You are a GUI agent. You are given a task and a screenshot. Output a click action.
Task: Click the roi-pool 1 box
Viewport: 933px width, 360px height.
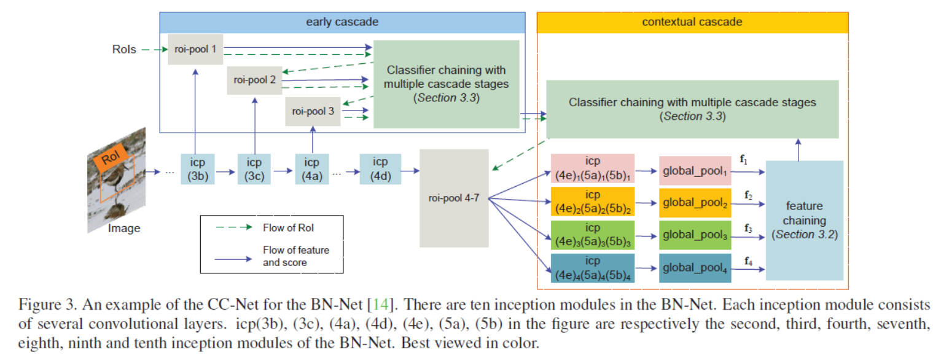(195, 50)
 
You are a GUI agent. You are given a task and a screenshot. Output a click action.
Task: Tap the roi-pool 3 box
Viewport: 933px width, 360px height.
(313, 111)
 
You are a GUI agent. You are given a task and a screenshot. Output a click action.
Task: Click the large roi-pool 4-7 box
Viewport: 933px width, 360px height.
(454, 198)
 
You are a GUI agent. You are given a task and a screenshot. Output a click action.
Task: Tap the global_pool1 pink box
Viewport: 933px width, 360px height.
(695, 172)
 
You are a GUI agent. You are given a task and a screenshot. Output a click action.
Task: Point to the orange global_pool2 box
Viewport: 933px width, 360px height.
(695, 203)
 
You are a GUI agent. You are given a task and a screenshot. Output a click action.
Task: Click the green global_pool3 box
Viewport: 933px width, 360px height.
(695, 235)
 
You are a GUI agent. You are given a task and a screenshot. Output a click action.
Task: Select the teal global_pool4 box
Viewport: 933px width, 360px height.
(695, 268)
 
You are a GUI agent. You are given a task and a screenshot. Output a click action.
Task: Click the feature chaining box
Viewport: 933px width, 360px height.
(805, 220)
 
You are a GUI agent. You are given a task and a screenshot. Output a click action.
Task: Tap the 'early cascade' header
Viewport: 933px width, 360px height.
(342, 22)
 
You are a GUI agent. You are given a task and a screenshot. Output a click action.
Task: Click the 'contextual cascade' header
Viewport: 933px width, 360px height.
(692, 22)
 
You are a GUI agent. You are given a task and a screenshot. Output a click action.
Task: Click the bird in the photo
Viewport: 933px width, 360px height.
(113, 180)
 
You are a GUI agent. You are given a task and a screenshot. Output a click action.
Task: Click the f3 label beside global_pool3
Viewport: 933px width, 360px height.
(748, 229)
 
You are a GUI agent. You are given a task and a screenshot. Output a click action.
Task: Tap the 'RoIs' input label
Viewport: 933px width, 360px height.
(124, 49)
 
